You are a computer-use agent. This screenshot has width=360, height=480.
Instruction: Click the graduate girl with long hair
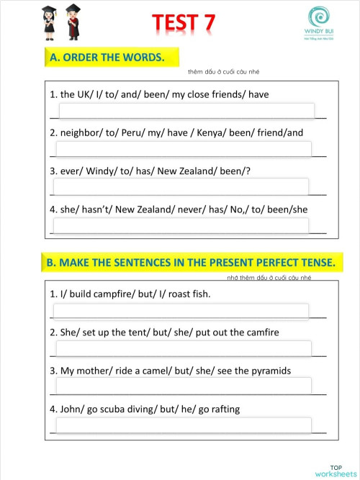click(50, 22)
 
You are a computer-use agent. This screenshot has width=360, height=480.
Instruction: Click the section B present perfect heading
click(191, 263)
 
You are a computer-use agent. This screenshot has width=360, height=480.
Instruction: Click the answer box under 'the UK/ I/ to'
click(185, 111)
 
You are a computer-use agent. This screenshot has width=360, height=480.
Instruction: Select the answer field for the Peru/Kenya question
click(184, 149)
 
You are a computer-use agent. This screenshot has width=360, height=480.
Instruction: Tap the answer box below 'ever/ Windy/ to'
click(182, 186)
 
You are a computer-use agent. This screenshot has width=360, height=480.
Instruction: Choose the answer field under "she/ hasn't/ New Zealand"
click(182, 225)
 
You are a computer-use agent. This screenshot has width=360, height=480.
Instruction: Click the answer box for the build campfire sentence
click(182, 311)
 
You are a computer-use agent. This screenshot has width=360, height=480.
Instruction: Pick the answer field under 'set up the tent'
click(184, 349)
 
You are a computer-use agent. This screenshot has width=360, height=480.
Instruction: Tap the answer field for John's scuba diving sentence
click(184, 425)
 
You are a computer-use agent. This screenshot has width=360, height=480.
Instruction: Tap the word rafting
click(222, 409)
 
